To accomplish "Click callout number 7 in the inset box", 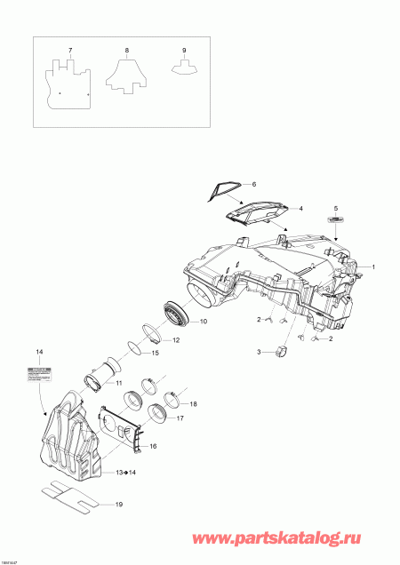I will pos(70,51).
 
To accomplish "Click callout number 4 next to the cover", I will pos(300,208).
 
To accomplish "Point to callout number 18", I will pos(194,404).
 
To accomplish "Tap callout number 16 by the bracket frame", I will pos(152,447).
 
